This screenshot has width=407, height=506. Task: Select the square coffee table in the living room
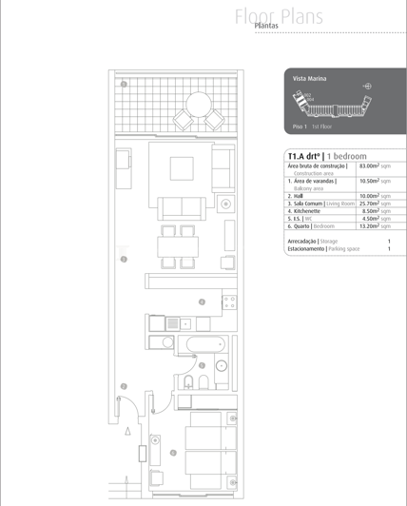pyautogui.click(x=183, y=168)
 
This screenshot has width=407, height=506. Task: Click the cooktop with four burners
pyautogui.click(x=228, y=302)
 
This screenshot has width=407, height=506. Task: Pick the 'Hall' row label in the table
pyautogui.click(x=298, y=195)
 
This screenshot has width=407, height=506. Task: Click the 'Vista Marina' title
pyautogui.click(x=310, y=77)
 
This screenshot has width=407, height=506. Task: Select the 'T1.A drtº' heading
pyautogui.click(x=303, y=155)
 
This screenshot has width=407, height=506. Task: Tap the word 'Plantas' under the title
pyautogui.click(x=267, y=28)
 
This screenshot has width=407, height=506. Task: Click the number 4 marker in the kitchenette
pyautogui.click(x=202, y=302)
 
